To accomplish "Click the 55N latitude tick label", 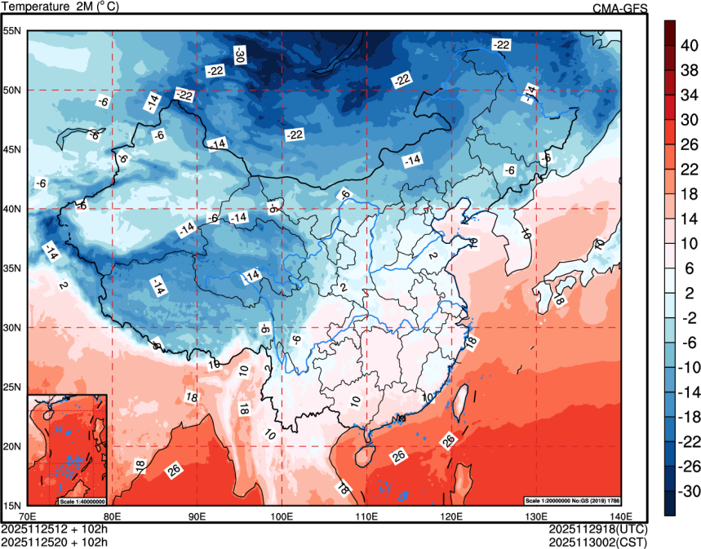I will tap(12, 31).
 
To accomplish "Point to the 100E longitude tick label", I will tap(282, 516).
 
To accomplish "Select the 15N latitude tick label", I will tap(12, 505).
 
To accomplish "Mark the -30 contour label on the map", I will tap(239, 55).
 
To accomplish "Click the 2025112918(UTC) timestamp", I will tap(597, 528).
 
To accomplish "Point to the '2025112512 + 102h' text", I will tap(55, 528).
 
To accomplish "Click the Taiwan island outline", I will tap(458, 405).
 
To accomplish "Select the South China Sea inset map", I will tap(67, 449).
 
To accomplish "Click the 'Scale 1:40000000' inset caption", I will tap(82, 500).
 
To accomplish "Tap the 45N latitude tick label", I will tap(12, 150).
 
